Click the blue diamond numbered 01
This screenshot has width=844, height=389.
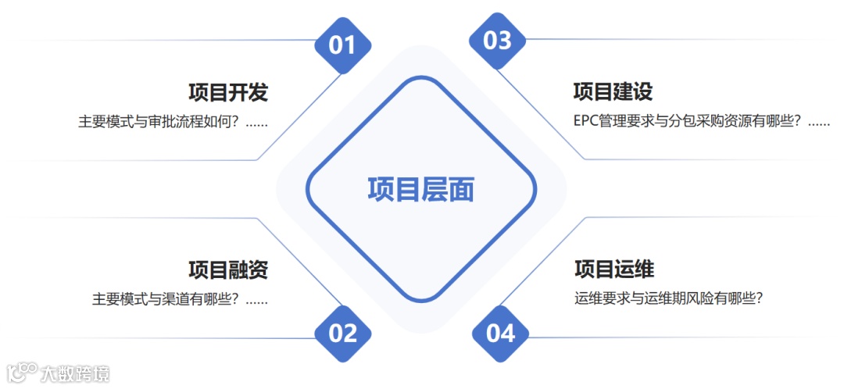(x=342, y=45)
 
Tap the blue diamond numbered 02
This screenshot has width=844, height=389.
(x=342, y=334)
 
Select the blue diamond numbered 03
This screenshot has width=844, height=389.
(x=498, y=41)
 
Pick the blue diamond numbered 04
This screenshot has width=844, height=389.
(x=501, y=334)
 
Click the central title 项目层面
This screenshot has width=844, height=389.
(x=421, y=189)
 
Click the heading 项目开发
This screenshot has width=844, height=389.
(x=228, y=92)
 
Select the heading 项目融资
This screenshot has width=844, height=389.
(x=228, y=270)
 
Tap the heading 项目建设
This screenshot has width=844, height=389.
(x=613, y=91)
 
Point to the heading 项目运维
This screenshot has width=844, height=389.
(x=614, y=269)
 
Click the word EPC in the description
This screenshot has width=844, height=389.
(x=585, y=122)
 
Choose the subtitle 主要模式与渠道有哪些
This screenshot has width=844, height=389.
(x=163, y=299)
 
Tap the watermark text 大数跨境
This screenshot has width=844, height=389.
(x=76, y=374)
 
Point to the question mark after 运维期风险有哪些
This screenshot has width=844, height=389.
(x=757, y=298)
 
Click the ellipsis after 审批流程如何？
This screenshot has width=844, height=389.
(x=257, y=123)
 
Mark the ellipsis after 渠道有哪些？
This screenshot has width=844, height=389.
(x=257, y=300)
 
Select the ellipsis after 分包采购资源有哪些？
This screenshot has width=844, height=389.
(x=818, y=123)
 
